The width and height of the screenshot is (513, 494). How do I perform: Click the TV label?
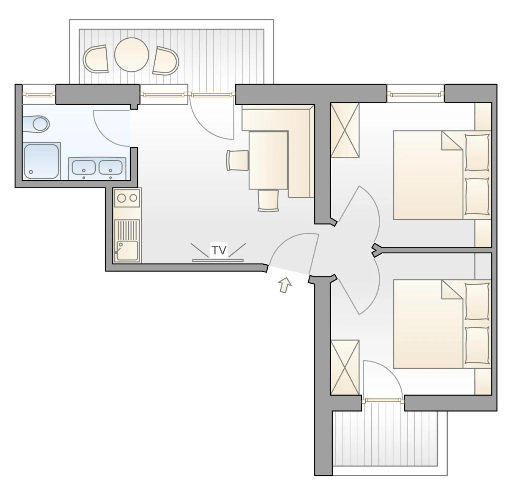219,250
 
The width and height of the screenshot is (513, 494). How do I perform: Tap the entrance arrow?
285,285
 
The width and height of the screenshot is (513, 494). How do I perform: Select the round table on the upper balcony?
132,55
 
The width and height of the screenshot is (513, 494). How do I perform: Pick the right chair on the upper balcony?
166,61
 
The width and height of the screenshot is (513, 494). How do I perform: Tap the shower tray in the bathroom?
41,161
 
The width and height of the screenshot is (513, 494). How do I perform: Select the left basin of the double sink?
84,167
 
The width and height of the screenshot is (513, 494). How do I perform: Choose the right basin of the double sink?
110,167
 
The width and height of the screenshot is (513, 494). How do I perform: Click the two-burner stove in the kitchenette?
127,198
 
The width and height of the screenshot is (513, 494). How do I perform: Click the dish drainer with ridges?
128,230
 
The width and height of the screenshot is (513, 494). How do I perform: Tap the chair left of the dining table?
237,160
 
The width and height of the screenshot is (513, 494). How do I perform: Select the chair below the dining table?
268,200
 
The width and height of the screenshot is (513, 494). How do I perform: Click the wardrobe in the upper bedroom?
345,130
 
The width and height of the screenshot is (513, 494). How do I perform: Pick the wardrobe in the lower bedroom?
345,367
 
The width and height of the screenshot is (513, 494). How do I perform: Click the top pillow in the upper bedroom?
477,152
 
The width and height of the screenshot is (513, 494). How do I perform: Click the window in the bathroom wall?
39,95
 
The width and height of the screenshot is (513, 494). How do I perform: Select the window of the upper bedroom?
415,95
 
